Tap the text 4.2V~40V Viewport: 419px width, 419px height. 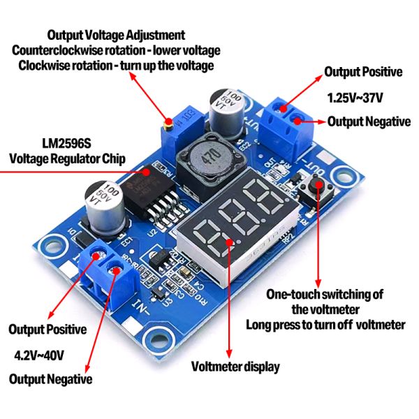(x=39, y=355)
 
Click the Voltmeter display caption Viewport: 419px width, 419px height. (x=235, y=366)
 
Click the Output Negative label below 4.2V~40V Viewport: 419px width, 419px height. (x=50, y=379)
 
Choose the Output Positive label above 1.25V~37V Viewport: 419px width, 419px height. (x=363, y=72)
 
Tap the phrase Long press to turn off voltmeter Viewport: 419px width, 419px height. (x=325, y=325)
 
